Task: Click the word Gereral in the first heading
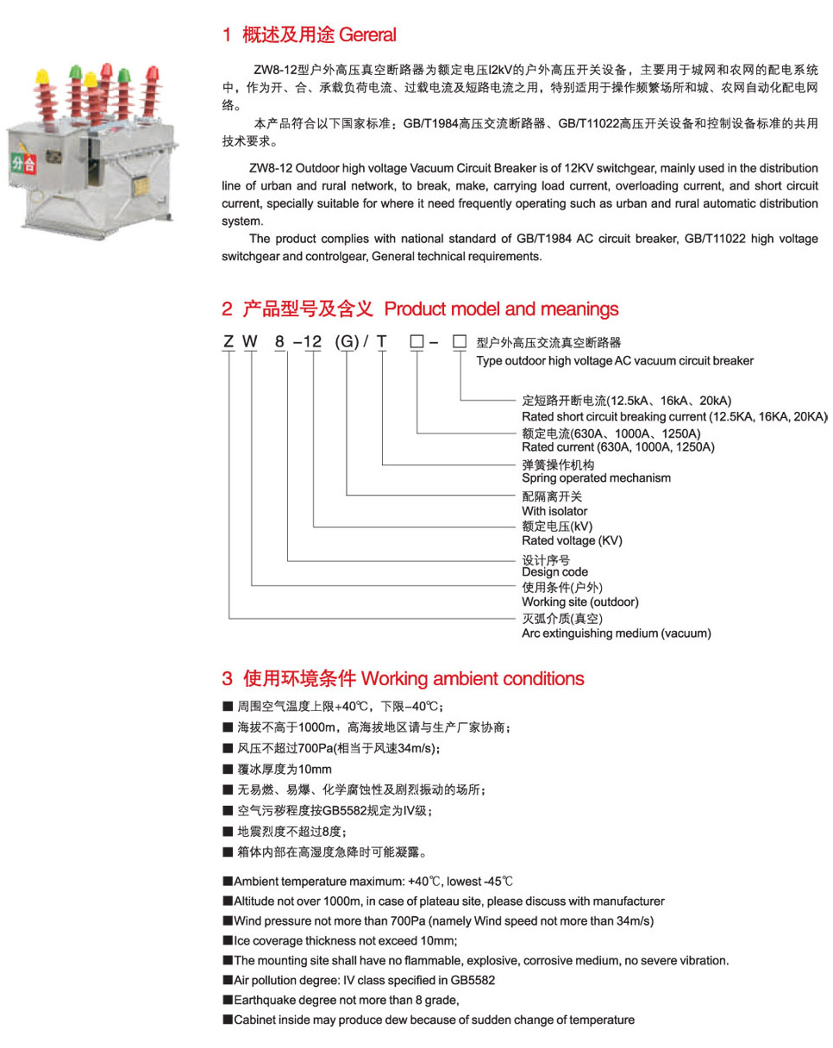point(367,35)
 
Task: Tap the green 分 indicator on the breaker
point(16,162)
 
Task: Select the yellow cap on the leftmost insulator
point(42,77)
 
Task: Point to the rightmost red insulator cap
point(153,73)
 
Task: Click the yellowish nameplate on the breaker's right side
point(141,186)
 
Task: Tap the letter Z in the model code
point(229,341)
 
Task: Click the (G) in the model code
point(347,341)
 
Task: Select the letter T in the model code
point(382,341)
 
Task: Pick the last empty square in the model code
point(459,341)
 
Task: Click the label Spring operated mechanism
point(596,478)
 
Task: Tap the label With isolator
point(554,511)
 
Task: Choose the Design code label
point(554,571)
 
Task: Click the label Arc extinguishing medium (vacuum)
point(616,633)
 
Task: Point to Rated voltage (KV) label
point(572,540)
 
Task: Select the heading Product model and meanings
point(501,309)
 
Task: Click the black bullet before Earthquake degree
point(228,1000)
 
